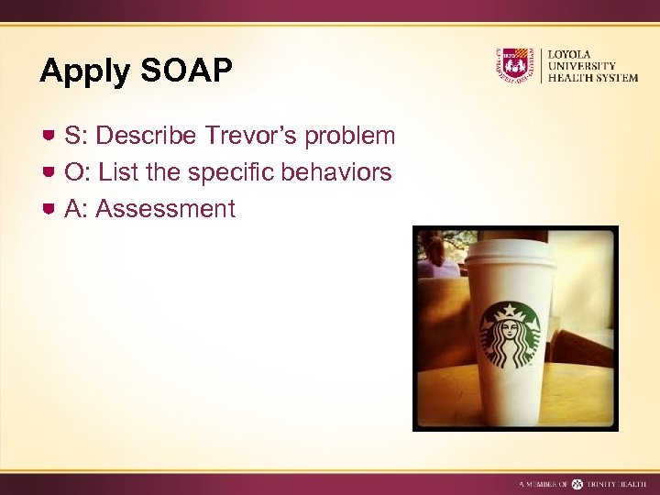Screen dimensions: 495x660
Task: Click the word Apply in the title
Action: click(x=84, y=72)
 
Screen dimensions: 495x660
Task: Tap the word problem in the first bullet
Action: click(x=350, y=137)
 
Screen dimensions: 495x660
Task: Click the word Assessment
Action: click(x=165, y=209)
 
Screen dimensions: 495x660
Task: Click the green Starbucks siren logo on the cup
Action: click(x=510, y=335)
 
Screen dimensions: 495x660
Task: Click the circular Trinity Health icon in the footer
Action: click(x=577, y=483)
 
